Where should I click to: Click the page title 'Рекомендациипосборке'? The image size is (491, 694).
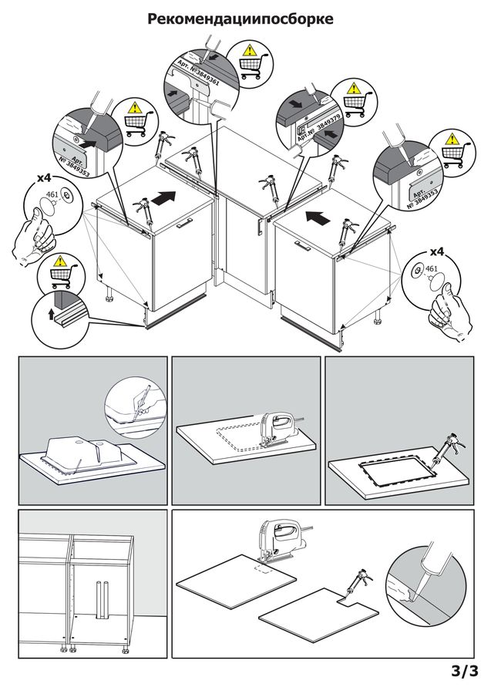pyautogui.click(x=240, y=19)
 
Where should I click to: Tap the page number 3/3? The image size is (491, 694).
pyautogui.click(x=465, y=671)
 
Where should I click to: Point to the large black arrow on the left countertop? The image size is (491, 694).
pyautogui.click(x=163, y=197)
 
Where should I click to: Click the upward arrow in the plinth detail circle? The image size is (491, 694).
pyautogui.click(x=52, y=315)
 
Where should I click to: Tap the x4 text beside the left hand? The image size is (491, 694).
pyautogui.click(x=44, y=178)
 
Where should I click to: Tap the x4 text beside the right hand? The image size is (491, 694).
pyautogui.click(x=437, y=252)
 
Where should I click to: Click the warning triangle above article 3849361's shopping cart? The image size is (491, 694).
pyautogui.click(x=250, y=49)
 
